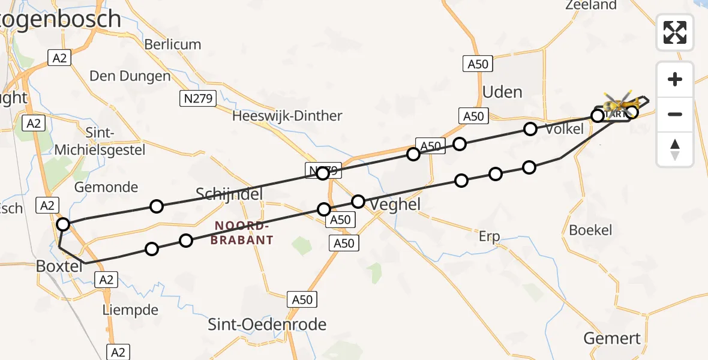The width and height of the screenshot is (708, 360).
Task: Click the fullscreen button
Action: (675, 32)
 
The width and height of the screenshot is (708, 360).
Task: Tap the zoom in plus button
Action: (675, 79)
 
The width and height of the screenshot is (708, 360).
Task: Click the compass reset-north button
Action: (675, 149)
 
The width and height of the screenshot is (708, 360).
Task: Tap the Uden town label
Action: (502, 92)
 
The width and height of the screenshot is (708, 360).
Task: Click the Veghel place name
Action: (395, 205)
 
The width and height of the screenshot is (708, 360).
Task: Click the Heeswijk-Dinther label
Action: (287, 116)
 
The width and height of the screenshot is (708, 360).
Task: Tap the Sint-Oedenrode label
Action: (267, 325)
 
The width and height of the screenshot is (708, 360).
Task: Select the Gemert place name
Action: (613, 338)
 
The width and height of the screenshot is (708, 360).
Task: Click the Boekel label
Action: (590, 230)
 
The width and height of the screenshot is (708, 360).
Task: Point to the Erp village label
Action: (489, 236)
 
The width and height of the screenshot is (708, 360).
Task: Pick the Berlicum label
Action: (173, 44)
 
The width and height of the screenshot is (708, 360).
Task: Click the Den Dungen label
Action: (130, 76)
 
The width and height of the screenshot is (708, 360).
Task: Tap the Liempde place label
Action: (130, 310)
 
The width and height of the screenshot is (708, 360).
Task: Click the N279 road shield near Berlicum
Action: (198, 99)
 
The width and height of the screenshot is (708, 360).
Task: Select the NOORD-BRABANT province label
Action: (242, 233)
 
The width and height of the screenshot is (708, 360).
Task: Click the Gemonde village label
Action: (106, 187)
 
